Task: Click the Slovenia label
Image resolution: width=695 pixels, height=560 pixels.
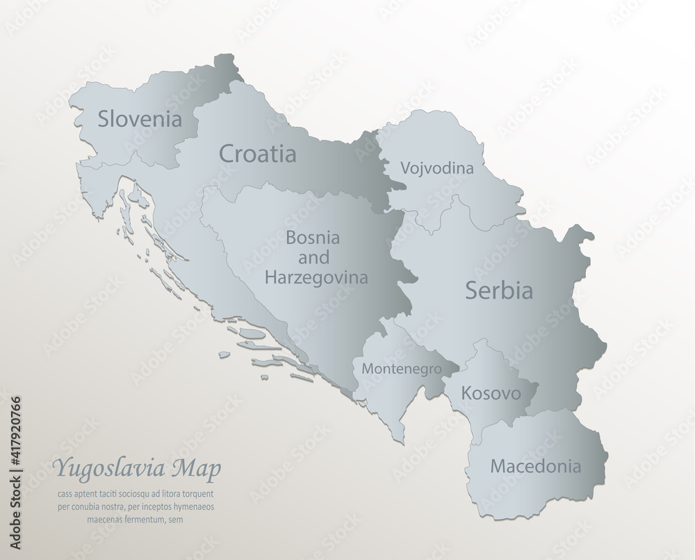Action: [x=140, y=119]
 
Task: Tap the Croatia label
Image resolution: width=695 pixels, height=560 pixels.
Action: [x=257, y=154]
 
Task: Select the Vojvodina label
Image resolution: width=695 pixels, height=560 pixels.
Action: [x=437, y=168]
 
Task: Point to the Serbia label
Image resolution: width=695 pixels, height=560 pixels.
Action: [x=499, y=290]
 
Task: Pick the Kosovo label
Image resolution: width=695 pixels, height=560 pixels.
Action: [x=491, y=394]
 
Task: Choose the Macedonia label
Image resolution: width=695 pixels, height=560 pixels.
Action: [x=535, y=465]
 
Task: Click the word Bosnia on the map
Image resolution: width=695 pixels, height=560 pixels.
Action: [x=313, y=237]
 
